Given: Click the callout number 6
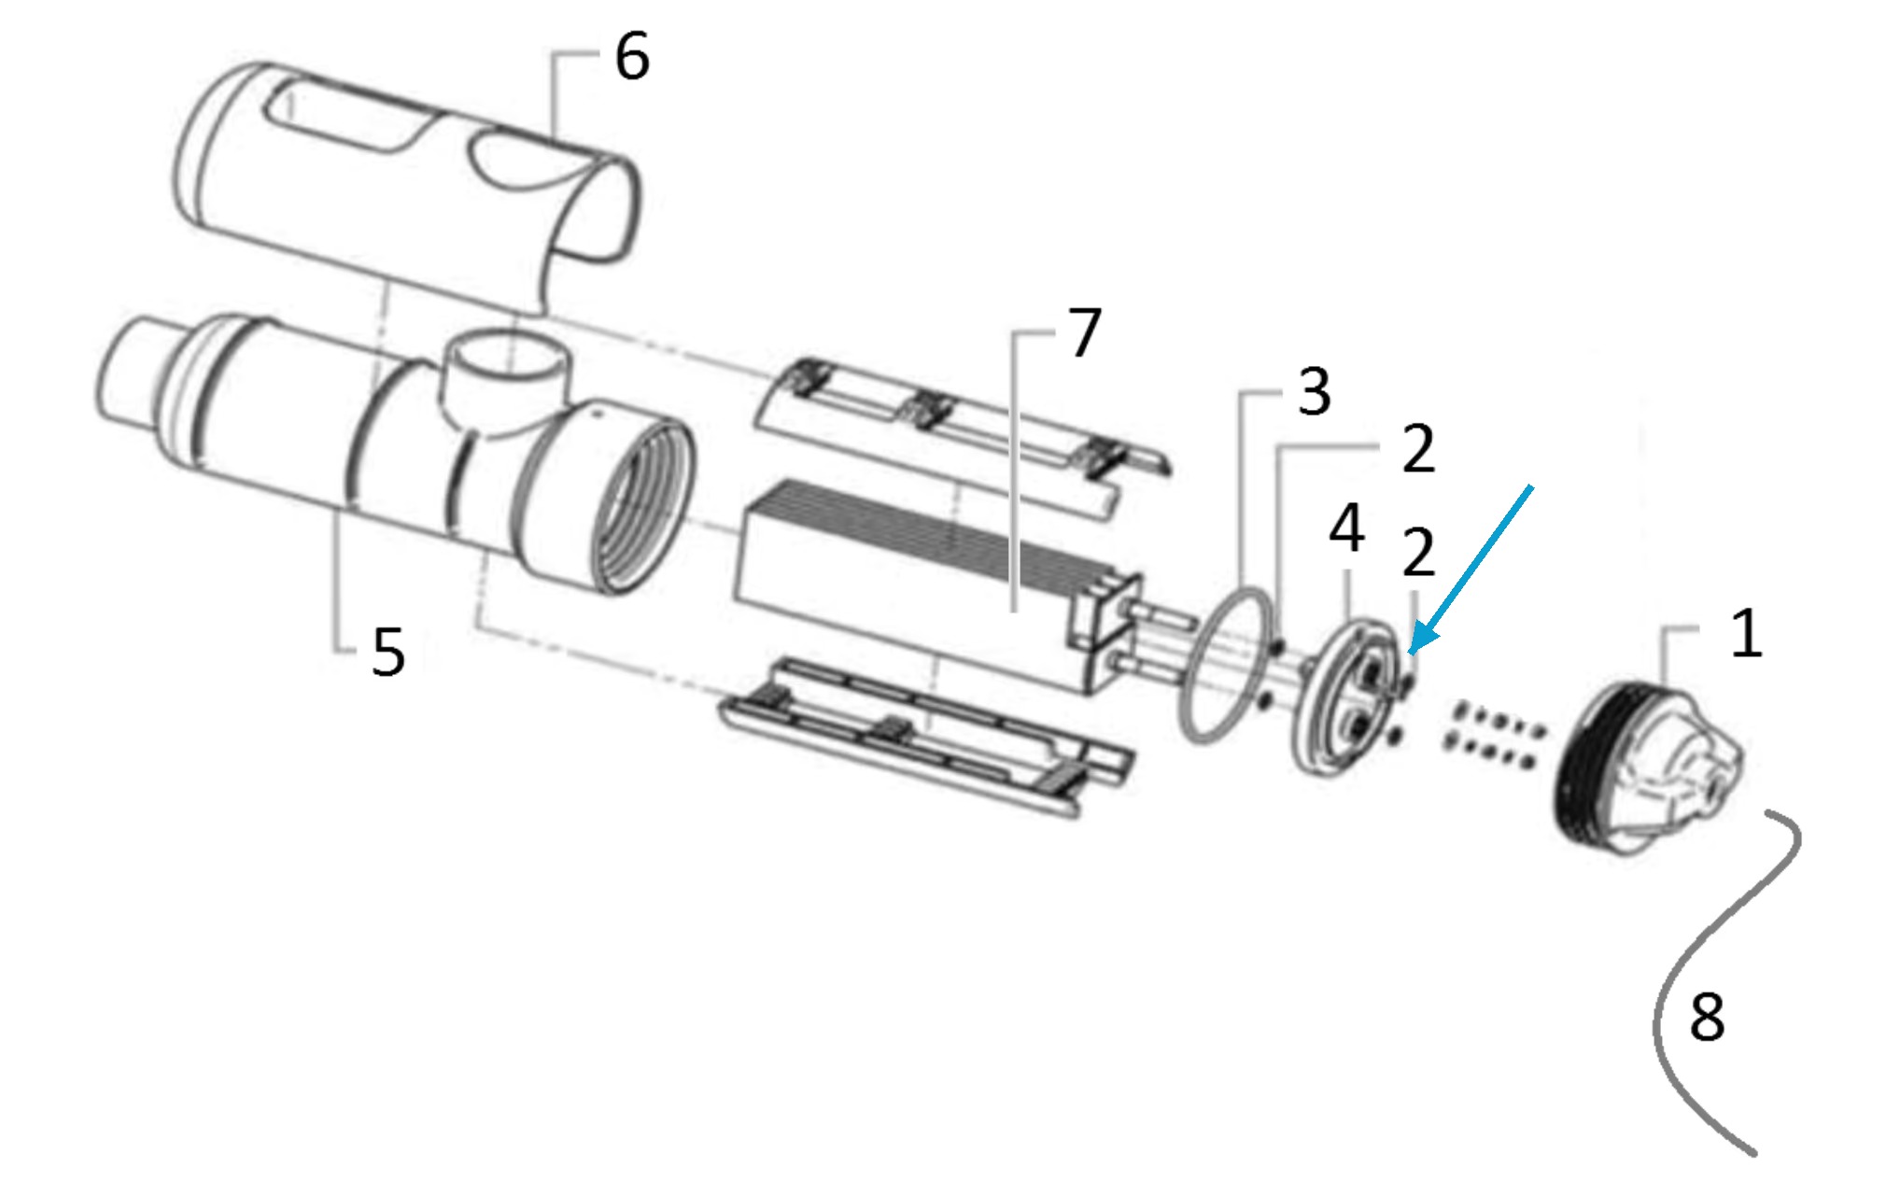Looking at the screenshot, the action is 632,57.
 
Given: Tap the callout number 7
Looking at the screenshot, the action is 1084,332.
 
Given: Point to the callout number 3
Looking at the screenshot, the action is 1315,391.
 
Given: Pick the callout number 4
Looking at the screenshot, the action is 1346,528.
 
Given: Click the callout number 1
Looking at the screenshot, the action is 1747,634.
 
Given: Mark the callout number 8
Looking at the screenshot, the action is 1707,1017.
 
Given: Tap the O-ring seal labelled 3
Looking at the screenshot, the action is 1226,665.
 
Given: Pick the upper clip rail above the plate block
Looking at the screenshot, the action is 962,429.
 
